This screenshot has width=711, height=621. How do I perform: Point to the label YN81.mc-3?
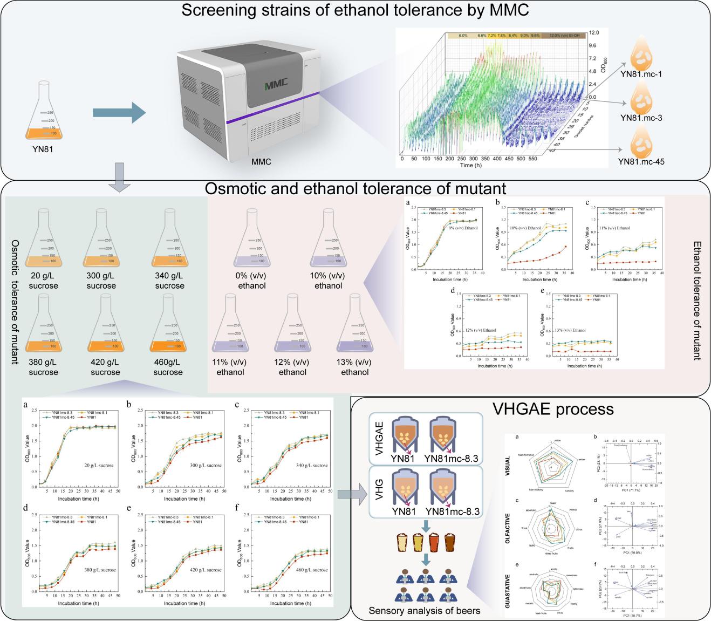click(x=641, y=118)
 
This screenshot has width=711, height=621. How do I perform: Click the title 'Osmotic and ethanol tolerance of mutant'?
click(x=355, y=188)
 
